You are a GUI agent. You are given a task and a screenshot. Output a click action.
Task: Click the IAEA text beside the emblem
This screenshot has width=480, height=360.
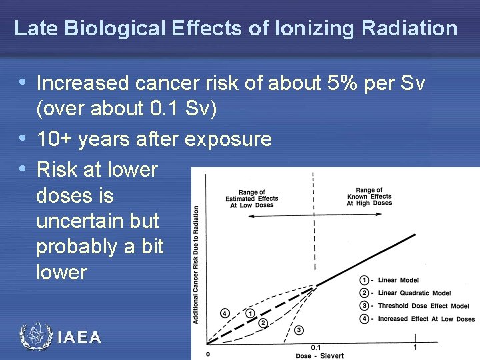79,337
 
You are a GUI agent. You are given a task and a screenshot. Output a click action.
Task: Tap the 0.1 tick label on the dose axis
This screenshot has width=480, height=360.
316,347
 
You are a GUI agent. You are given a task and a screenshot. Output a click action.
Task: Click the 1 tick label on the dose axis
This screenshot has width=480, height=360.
415,347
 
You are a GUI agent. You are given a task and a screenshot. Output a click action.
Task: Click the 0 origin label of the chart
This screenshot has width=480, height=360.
208,353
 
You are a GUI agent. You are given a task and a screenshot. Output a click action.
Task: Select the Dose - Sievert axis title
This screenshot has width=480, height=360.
320,355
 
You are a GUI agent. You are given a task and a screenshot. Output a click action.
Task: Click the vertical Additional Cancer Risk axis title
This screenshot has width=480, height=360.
197,263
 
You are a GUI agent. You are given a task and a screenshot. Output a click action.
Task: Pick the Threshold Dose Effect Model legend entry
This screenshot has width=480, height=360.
413,305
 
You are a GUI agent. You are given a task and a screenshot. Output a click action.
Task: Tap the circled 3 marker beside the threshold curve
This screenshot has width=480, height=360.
299,330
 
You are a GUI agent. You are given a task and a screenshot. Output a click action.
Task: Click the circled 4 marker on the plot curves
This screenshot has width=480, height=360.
225,313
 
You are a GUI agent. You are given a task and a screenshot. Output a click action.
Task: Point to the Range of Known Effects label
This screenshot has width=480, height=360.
369,197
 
